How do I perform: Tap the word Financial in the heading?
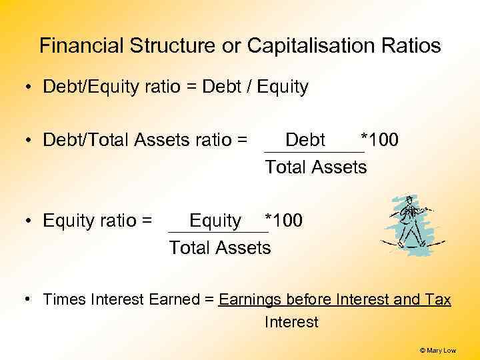81,46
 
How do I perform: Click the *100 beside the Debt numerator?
379,140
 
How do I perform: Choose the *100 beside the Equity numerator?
283,220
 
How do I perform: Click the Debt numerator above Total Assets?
305,140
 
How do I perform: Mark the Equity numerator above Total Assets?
215,220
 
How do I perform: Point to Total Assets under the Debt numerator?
315,167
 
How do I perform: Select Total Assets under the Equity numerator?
220,248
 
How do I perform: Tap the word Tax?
437,300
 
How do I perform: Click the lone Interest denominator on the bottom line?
291,323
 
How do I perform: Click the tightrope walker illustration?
408,225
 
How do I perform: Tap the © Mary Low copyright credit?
438,349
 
